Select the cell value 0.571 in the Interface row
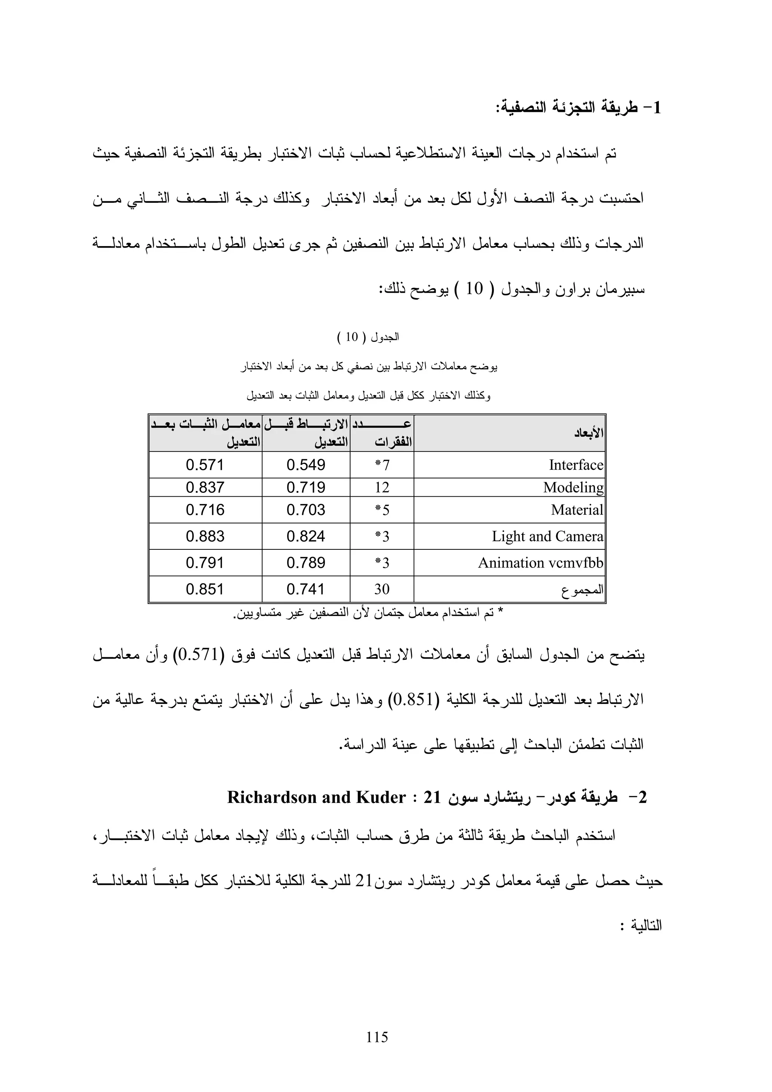pyautogui.click(x=205, y=465)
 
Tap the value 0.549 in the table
pyautogui.click(x=305, y=465)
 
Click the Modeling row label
pyautogui.click(x=573, y=488)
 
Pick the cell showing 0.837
pyautogui.click(x=205, y=488)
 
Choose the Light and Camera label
pyautogui.click(x=547, y=537)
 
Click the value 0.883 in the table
pyautogui.click(x=205, y=537)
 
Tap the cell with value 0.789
pyautogui.click(x=305, y=563)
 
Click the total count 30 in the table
pyautogui.click(x=381, y=590)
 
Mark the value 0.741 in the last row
pyautogui.click(x=305, y=590)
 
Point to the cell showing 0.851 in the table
pyautogui.click(x=205, y=590)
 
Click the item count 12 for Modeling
pyautogui.click(x=381, y=488)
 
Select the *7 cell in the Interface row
pyautogui.click(x=382, y=465)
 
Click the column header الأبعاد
pyautogui.click(x=588, y=433)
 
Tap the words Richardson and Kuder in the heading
pyautogui.click(x=316, y=798)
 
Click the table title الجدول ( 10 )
pyautogui.click(x=368, y=338)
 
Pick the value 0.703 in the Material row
pyautogui.click(x=305, y=510)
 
